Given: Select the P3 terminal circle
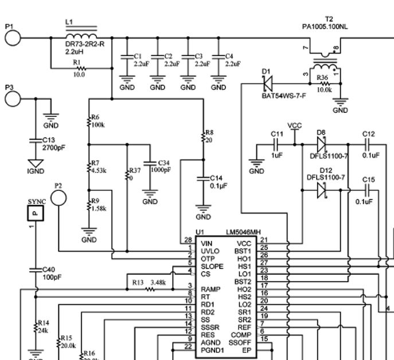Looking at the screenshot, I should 13,98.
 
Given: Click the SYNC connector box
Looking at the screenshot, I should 35,213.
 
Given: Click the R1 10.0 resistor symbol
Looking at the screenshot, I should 80,68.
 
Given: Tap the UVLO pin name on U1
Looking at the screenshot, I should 210,251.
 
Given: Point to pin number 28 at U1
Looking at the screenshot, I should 187,239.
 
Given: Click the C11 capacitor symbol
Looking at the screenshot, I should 278,146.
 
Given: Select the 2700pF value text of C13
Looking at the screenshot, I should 54,147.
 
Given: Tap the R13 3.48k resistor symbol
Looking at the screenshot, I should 151,290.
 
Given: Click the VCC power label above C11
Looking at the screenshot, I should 294,125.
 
